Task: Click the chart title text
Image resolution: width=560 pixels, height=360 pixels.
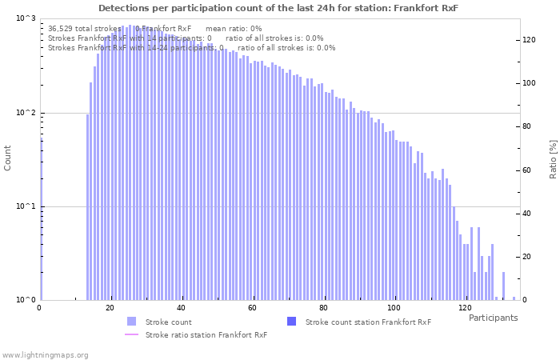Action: pyautogui.click(x=278, y=8)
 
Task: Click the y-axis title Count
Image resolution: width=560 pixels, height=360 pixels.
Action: pyautogui.click(x=8, y=158)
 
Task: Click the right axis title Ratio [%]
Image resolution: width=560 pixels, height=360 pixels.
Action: pyautogui.click(x=553, y=158)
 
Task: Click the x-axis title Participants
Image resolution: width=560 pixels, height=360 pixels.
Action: pyautogui.click(x=493, y=318)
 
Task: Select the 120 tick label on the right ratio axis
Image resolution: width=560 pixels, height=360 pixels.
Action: pyautogui.click(x=528, y=39)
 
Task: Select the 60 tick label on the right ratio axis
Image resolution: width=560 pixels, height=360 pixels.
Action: pyautogui.click(x=526, y=170)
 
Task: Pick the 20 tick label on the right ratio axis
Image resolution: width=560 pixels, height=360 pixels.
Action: pyautogui.click(x=526, y=257)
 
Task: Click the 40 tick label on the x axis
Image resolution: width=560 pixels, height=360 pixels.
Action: pyautogui.click(x=182, y=308)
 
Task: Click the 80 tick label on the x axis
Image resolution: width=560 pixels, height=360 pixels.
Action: pyautogui.click(x=323, y=308)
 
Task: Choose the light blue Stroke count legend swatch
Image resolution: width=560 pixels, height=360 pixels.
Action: pyautogui.click(x=131, y=322)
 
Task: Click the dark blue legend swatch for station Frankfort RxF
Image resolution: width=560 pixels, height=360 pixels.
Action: pyautogui.click(x=291, y=322)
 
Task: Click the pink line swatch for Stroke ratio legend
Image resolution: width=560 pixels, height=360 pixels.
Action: pyautogui.click(x=131, y=335)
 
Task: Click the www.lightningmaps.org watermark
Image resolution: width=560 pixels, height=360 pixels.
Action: pyautogui.click(x=45, y=354)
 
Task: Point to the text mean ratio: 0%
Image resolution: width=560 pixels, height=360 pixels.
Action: pyautogui.click(x=234, y=28)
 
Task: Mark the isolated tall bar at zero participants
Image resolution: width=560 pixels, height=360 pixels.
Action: pyautogui.click(x=41, y=216)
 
